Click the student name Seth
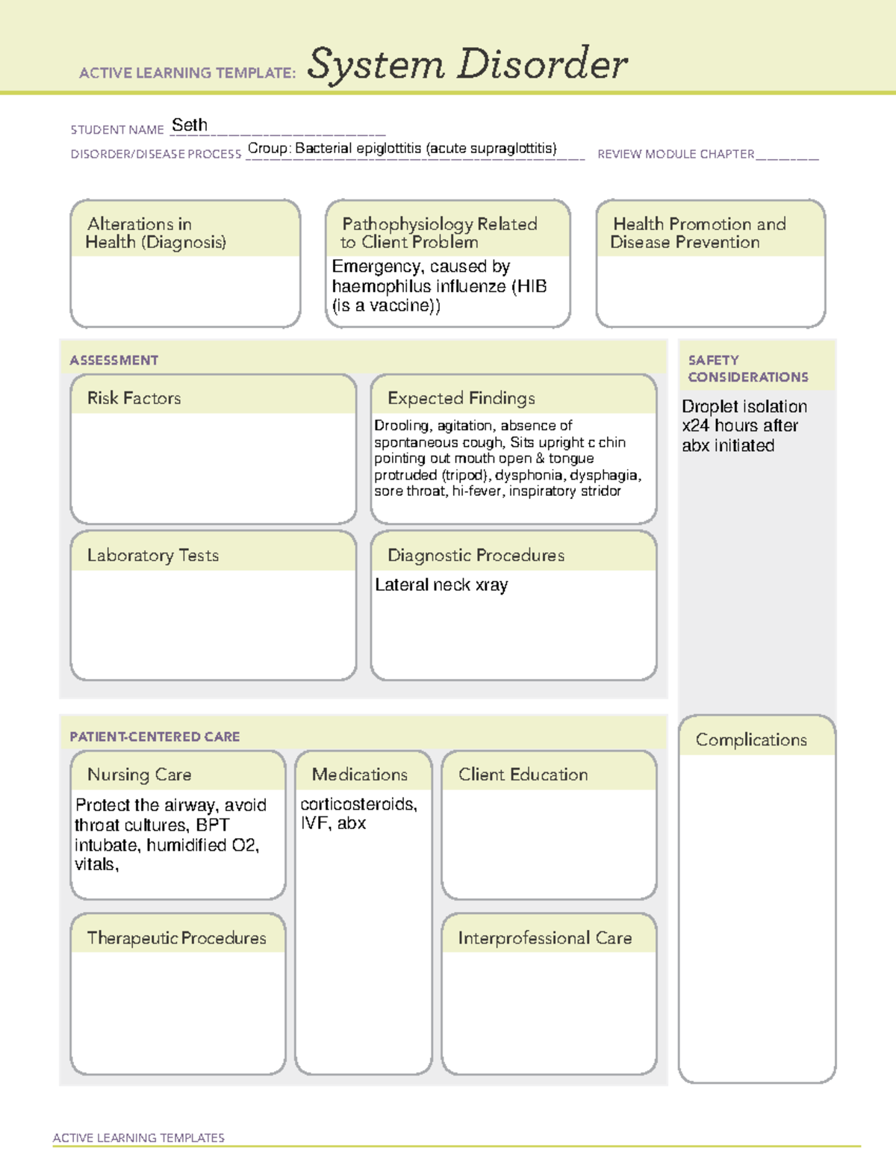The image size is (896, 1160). click(190, 125)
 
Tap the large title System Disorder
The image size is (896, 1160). click(467, 64)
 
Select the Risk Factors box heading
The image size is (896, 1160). click(134, 398)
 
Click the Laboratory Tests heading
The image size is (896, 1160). click(153, 555)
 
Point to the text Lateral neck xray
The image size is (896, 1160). click(441, 585)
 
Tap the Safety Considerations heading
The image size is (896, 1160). click(747, 368)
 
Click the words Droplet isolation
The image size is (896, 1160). click(744, 406)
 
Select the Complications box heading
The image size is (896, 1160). click(751, 739)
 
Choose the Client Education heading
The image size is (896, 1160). click(523, 775)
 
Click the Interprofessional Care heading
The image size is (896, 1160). click(545, 938)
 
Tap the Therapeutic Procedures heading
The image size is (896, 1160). click(177, 938)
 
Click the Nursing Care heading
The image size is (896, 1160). click(140, 775)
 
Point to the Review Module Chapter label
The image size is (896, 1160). click(676, 154)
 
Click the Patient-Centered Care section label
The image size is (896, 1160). click(155, 736)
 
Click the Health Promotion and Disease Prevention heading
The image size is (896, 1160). click(699, 233)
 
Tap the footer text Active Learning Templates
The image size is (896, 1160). click(139, 1138)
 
